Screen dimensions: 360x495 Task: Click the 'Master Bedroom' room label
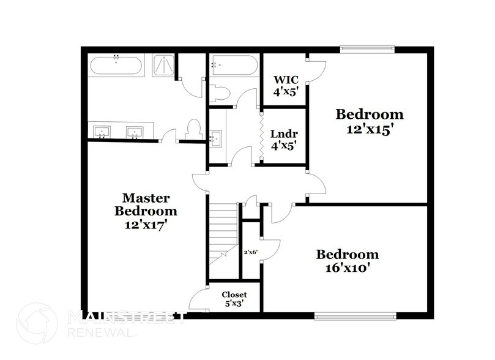146,204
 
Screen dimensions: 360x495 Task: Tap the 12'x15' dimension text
370,129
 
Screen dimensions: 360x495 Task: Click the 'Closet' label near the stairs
234,294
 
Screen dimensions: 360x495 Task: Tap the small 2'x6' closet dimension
251,252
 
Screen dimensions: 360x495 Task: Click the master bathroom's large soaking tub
116,65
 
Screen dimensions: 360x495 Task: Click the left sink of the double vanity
102,132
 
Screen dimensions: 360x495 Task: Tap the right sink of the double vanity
135,132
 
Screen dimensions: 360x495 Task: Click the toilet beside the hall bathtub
219,94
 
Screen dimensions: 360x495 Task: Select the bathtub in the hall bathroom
234,66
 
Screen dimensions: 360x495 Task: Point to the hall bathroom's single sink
215,138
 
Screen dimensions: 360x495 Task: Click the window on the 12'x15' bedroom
367,49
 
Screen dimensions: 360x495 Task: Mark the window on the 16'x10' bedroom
355,316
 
